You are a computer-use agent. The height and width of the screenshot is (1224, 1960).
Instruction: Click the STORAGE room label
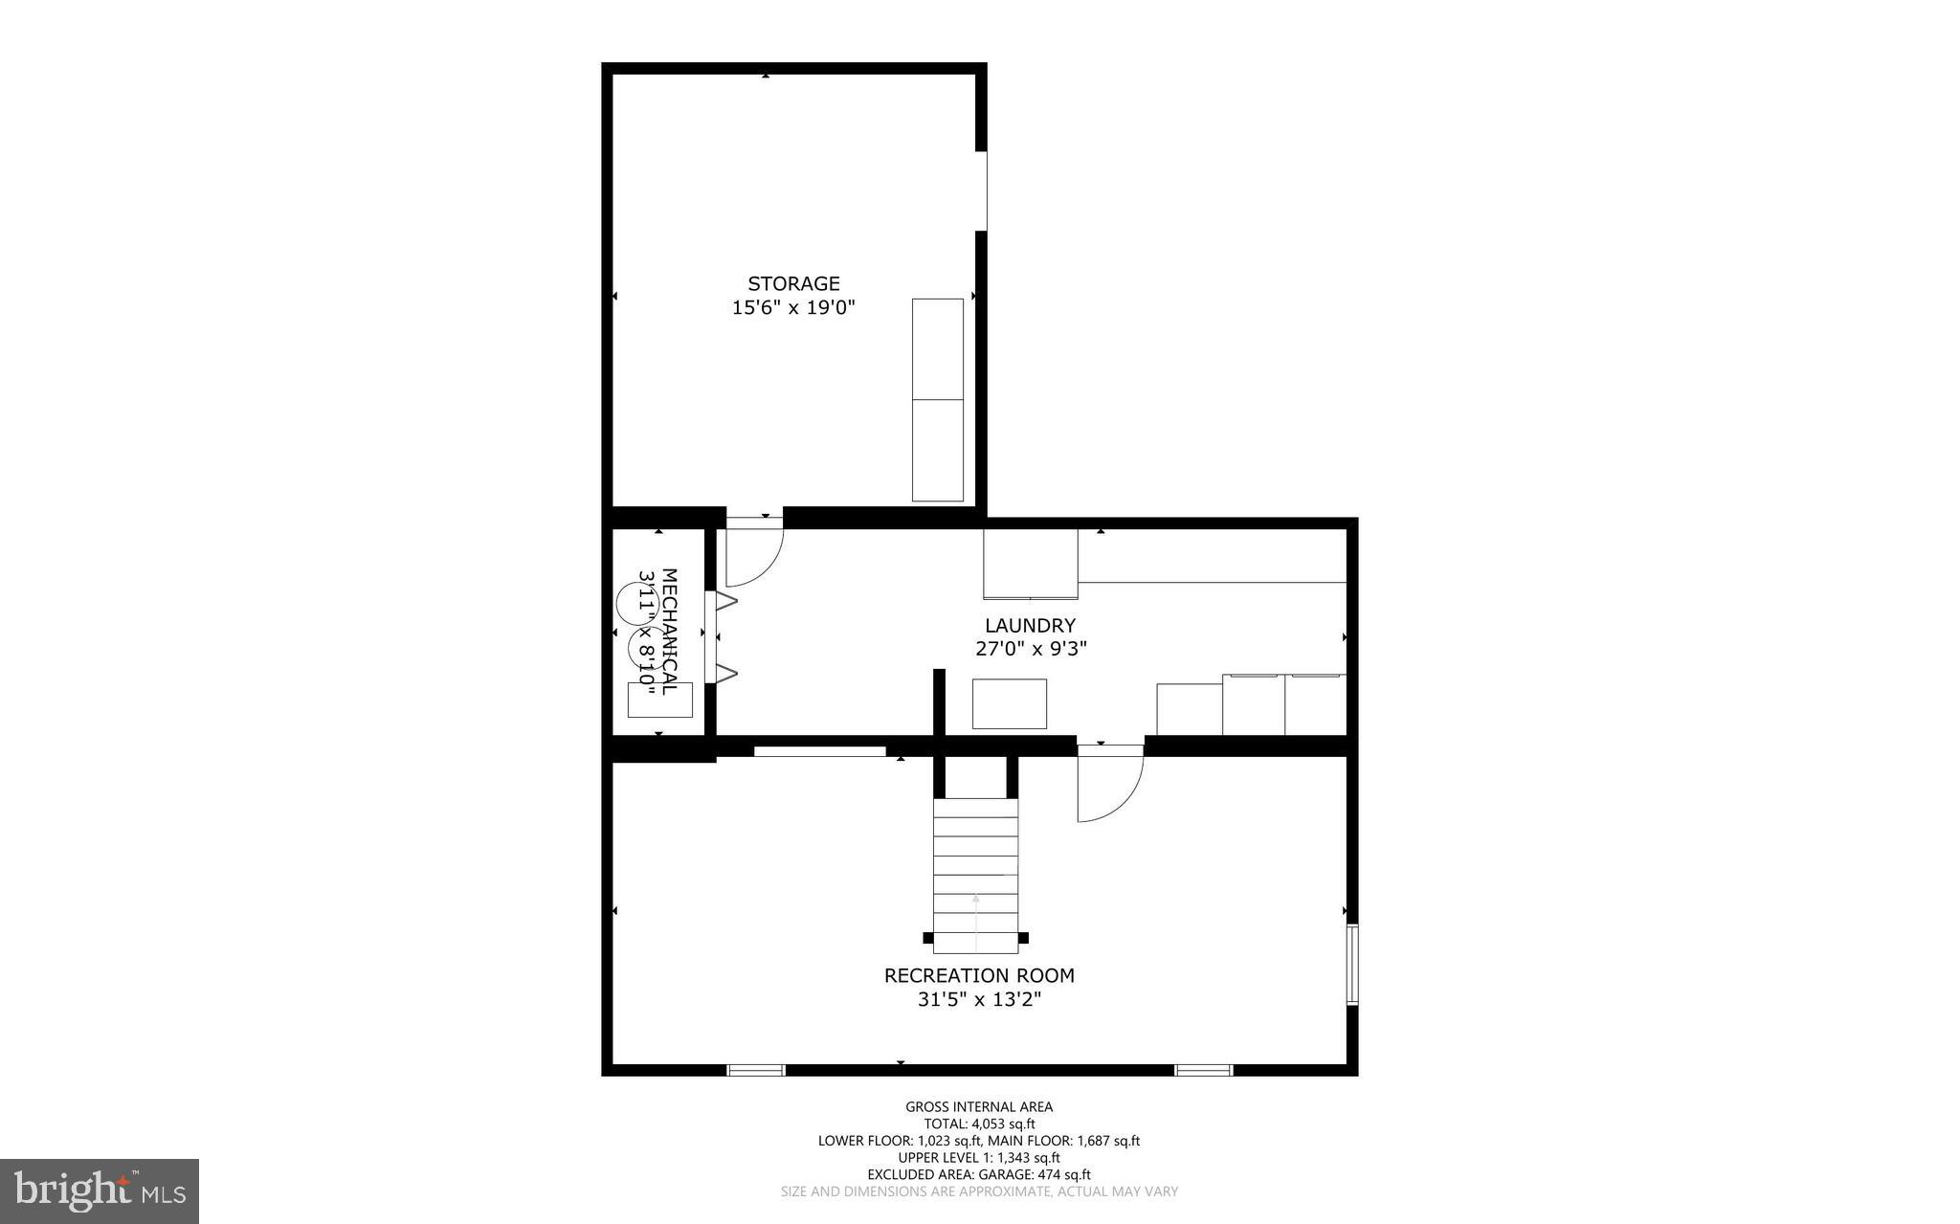tap(793, 283)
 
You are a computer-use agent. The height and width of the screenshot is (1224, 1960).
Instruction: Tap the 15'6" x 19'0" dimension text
tap(793, 308)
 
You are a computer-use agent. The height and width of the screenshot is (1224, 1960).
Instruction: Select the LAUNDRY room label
tap(1030, 625)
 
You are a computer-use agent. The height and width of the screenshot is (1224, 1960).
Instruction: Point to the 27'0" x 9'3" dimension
tap(1030, 649)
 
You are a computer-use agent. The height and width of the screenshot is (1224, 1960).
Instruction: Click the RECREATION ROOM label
tap(978, 975)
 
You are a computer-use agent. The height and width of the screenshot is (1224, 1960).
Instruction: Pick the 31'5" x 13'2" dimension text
tap(978, 1000)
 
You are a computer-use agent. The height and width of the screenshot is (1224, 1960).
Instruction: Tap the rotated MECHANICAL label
tap(669, 632)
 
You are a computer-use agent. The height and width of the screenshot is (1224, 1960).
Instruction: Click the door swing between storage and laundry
tap(751, 555)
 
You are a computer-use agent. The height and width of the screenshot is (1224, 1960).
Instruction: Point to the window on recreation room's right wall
tap(1351, 963)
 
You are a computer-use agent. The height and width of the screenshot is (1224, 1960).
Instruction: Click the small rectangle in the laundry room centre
tap(1009, 703)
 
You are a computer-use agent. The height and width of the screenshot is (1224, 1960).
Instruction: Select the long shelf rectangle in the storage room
tap(937, 399)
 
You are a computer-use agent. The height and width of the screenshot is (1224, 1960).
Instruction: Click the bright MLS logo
tap(100, 1191)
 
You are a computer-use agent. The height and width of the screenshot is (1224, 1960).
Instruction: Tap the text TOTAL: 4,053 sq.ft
tap(978, 1124)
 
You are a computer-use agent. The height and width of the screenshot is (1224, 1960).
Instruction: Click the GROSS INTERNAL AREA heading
tap(978, 1107)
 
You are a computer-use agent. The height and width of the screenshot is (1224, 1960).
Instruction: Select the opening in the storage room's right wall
tap(985, 190)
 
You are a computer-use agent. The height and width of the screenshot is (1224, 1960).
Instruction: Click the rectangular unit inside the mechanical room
tap(659, 700)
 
